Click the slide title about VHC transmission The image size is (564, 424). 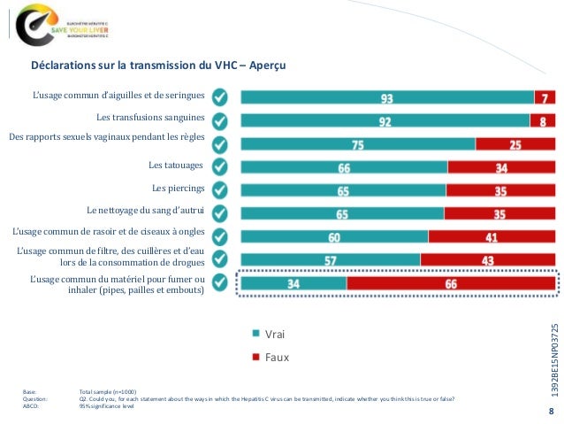click(158, 66)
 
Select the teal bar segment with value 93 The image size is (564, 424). click(387, 96)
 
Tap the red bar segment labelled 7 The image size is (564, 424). click(545, 96)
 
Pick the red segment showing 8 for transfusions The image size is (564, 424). click(543, 119)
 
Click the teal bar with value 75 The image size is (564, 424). click(358, 143)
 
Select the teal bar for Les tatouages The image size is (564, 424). click(344, 166)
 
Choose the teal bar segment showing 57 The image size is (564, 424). click(330, 259)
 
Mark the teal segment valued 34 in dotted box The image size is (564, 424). click(293, 283)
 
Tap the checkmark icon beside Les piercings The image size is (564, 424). click(224, 189)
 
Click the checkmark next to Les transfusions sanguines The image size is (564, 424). click(224, 119)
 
